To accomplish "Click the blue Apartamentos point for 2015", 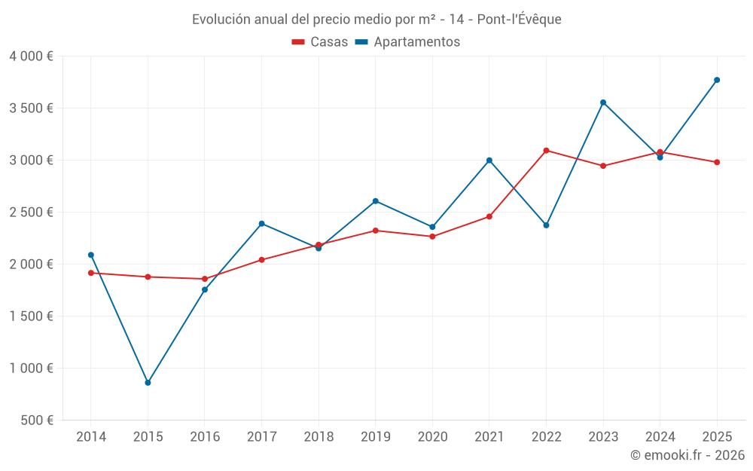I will pos(148,383).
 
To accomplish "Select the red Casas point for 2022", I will pos(546,151).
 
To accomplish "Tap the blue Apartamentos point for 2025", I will pos(717,80).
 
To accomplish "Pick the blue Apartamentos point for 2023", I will pos(603,102).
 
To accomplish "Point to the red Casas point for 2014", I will pos(91,273).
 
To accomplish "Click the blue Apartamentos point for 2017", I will pos(261,224).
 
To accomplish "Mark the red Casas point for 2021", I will pos(489,217).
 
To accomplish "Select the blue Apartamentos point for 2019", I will pos(376,201).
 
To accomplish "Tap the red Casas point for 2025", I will pos(717,162).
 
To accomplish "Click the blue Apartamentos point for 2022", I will pos(546,225).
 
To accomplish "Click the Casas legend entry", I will pos(320,42).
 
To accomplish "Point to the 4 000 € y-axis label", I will pos(31,57).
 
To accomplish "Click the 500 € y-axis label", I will pos(35,421).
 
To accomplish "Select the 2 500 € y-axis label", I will pos(31,213).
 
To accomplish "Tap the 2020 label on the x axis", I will pos(432,437).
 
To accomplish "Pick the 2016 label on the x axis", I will pos(205,437).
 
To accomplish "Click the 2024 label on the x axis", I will pos(660,437).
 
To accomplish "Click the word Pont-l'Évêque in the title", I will pos(519,20).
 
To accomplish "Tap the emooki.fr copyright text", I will pos(687,455).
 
